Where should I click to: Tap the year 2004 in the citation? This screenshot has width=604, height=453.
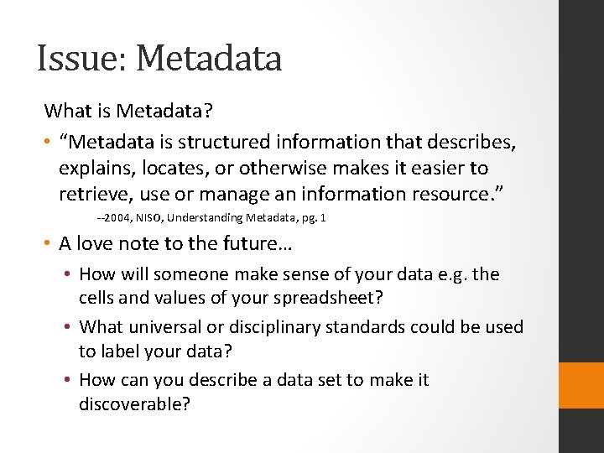point(115,218)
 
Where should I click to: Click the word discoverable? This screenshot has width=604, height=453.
point(134,404)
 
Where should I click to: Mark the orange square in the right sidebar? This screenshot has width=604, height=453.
point(581,386)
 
